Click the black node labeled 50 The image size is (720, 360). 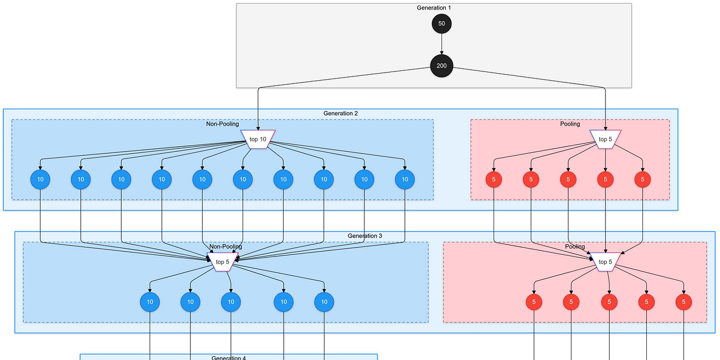click(x=441, y=23)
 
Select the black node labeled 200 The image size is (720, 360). click(x=441, y=66)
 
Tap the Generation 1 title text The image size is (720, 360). click(x=434, y=8)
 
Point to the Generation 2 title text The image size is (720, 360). click(x=341, y=114)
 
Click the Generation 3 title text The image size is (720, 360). click(x=365, y=236)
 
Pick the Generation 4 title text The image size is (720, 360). click(x=229, y=357)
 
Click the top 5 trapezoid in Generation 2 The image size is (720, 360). click(x=605, y=139)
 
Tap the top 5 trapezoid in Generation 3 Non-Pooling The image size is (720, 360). click(x=222, y=262)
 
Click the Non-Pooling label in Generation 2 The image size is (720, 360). click(x=222, y=124)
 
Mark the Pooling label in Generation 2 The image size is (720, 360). click(x=570, y=124)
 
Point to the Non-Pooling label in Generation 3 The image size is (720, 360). click(x=225, y=246)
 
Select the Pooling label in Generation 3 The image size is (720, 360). click(x=575, y=246)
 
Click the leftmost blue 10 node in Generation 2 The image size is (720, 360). click(x=40, y=179)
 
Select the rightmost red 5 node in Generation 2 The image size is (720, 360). click(x=642, y=179)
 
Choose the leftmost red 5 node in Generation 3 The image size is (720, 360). click(x=534, y=302)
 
